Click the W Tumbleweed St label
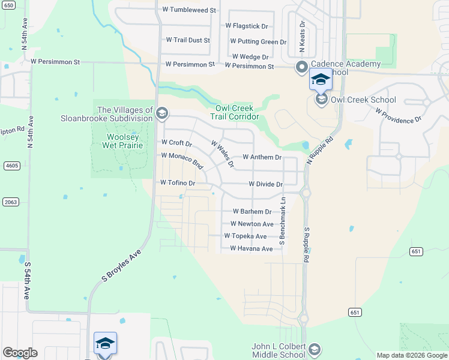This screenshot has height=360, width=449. pyautogui.click(x=189, y=10)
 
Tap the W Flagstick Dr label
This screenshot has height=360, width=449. pyautogui.click(x=246, y=26)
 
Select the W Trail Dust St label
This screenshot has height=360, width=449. pyautogui.click(x=188, y=40)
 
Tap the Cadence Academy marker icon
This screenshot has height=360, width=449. pyautogui.click(x=301, y=67)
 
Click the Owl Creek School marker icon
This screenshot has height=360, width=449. pyautogui.click(x=321, y=100)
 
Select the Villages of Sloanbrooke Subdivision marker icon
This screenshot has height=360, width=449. pyautogui.click(x=162, y=113)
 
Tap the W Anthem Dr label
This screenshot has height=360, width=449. pyautogui.click(x=262, y=157)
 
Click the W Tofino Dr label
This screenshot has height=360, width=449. pyautogui.click(x=178, y=182)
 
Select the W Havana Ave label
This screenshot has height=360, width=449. pyautogui.click(x=251, y=248)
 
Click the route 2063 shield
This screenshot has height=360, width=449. pyautogui.click(x=11, y=202)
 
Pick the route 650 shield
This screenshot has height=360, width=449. pyautogui.click(x=7, y=5)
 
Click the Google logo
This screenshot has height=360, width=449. pyautogui.click(x=20, y=353)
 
